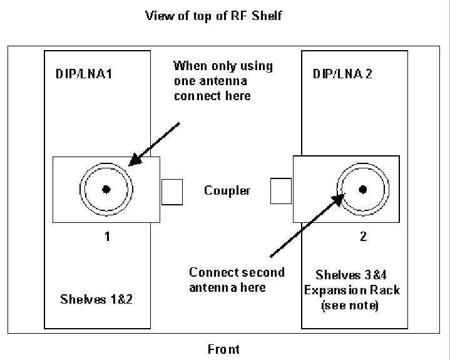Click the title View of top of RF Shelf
click(x=213, y=16)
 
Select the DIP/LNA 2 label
click(x=341, y=75)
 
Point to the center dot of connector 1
click(x=106, y=189)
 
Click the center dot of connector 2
click(x=362, y=189)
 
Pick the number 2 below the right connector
click(x=364, y=237)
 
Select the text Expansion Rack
click(x=357, y=291)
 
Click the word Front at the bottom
click(x=224, y=349)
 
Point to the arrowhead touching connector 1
click(x=133, y=162)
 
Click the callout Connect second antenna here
click(x=237, y=279)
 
